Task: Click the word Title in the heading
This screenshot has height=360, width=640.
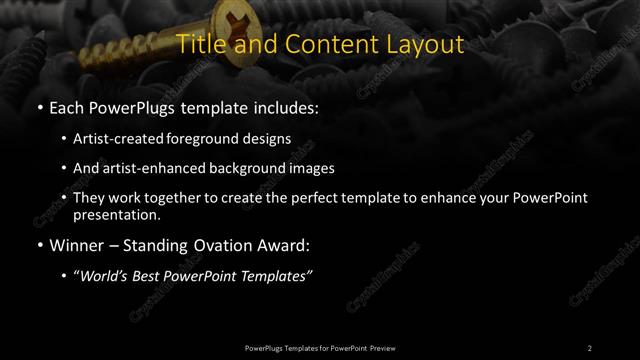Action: pos(198,45)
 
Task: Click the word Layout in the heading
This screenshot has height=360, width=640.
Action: pos(424,45)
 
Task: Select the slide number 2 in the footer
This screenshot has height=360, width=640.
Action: pos(590,347)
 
